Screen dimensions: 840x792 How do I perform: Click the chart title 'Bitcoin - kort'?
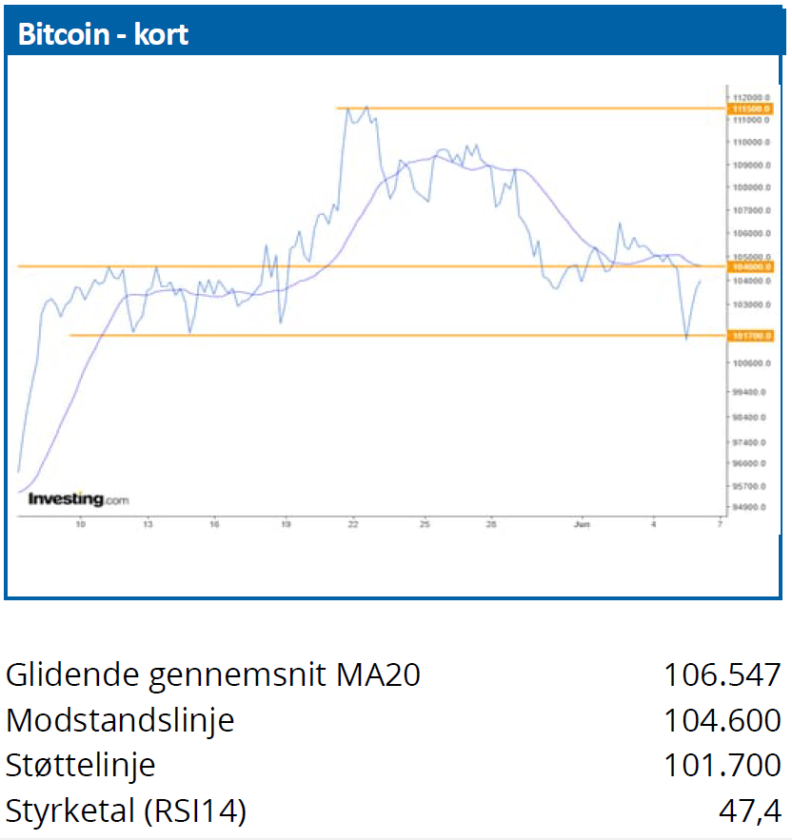(104, 34)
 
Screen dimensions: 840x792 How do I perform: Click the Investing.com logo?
(78, 498)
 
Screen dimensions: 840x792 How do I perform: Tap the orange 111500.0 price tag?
(751, 109)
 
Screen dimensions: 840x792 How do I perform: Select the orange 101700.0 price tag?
(751, 336)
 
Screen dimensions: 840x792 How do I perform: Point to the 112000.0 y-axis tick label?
(749, 97)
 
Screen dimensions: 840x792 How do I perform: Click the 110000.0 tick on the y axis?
(749, 142)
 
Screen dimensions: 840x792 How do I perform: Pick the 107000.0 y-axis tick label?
(749, 210)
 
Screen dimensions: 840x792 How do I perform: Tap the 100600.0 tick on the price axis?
(749, 363)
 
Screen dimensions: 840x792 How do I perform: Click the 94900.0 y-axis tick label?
(749, 507)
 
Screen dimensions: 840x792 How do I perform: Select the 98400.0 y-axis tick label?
(749, 418)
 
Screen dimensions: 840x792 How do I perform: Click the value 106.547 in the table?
(722, 674)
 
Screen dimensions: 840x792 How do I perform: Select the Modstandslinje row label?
(120, 720)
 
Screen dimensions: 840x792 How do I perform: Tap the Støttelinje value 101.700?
(722, 765)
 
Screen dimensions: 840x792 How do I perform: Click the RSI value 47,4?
(751, 811)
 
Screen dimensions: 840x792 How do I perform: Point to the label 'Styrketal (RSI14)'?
(126, 811)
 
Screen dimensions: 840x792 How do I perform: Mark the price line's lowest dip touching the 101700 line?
(686, 338)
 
